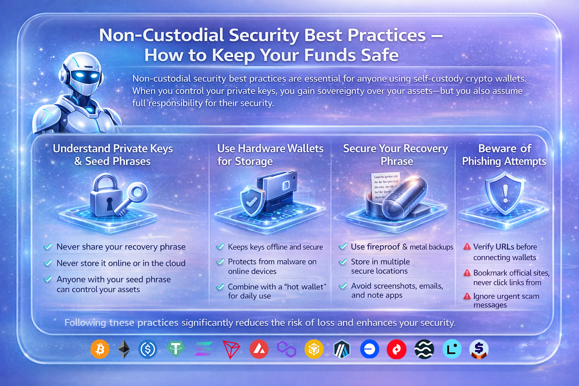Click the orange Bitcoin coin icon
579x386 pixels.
pyautogui.click(x=100, y=349)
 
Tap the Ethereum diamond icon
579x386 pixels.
pyautogui.click(x=124, y=349)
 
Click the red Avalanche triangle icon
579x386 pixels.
pyautogui.click(x=259, y=349)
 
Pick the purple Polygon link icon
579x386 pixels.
pyautogui.click(x=286, y=349)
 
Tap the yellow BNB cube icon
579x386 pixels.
pyautogui.click(x=314, y=349)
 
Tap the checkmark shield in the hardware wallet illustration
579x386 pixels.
pyautogui.click(x=252, y=202)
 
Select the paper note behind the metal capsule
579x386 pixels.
pyautogui.click(x=385, y=185)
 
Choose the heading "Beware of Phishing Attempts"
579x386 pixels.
pyautogui.click(x=504, y=155)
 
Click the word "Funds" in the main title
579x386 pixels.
pyautogui.click(x=329, y=55)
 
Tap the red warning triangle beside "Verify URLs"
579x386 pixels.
pyautogui.click(x=467, y=247)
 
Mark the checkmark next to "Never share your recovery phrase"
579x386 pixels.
pyautogui.click(x=48, y=247)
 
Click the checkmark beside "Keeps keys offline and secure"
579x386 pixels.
pyautogui.click(x=220, y=247)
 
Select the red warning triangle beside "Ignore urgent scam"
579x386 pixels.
pyautogui.click(x=467, y=296)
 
